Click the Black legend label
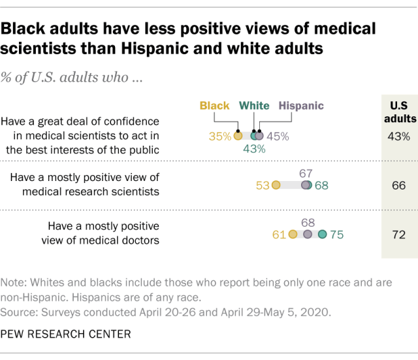(214, 106)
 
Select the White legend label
(254, 106)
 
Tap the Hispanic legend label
(301, 106)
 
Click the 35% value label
(220, 137)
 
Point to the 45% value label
(278, 137)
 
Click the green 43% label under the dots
(254, 149)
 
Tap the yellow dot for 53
(276, 186)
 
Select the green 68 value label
(321, 186)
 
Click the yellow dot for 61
(292, 235)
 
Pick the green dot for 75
(322, 235)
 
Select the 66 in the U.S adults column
(398, 185)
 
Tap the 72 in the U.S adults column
(398, 234)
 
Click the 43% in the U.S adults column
(398, 137)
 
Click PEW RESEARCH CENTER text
(66, 335)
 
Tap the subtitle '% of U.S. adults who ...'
(73, 77)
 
